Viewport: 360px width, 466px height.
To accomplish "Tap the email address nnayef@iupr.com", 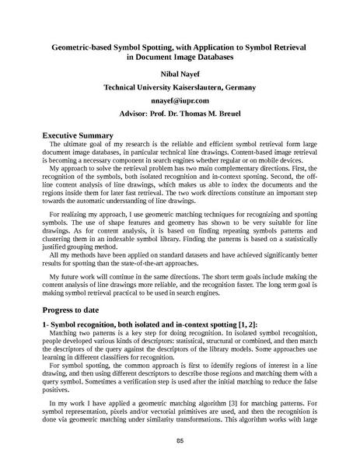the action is [x=180, y=100].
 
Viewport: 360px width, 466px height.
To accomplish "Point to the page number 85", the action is [x=179, y=442].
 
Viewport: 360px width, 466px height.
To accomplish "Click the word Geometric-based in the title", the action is [x=86, y=47].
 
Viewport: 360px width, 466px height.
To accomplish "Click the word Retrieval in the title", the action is [x=288, y=47].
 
